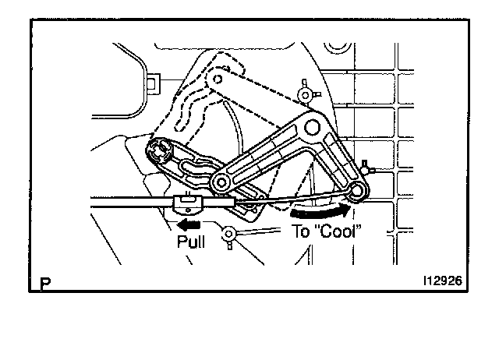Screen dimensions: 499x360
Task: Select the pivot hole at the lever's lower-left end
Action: pyautogui.click(x=221, y=182)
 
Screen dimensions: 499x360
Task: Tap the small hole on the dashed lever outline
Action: pyautogui.click(x=219, y=79)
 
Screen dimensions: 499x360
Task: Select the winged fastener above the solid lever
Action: pyautogui.click(x=306, y=94)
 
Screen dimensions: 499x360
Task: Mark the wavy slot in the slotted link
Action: pyautogui.click(x=195, y=163)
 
